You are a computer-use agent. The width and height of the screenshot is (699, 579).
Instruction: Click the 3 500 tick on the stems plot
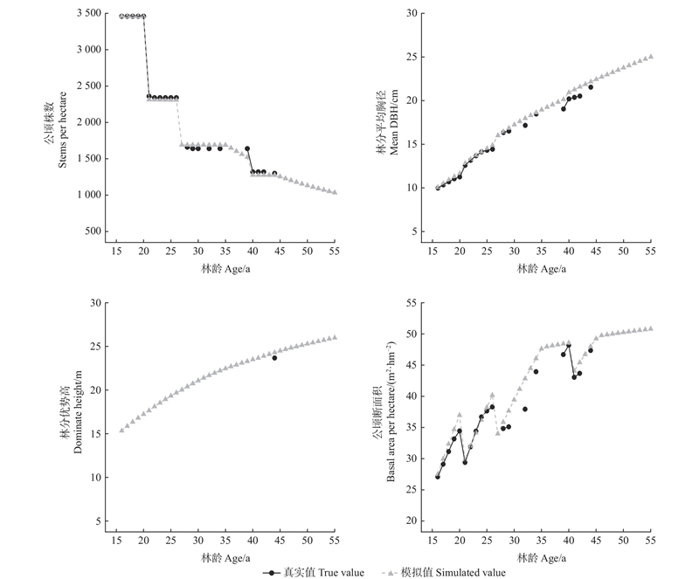[x=83, y=13]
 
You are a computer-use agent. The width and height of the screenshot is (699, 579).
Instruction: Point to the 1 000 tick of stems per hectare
[x=83, y=195]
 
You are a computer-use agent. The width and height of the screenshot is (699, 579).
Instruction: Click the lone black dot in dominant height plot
[x=274, y=358]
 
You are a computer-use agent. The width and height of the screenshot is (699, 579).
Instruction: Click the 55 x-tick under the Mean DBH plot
[x=650, y=252]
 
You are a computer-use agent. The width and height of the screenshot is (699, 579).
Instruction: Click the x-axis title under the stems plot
[x=225, y=269]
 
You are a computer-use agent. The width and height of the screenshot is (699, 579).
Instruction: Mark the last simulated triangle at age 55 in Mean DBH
[x=650, y=56]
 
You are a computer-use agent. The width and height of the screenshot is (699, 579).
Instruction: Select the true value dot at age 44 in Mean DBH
[x=591, y=87]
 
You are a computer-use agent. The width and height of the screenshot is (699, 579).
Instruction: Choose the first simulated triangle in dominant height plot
[x=121, y=430]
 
